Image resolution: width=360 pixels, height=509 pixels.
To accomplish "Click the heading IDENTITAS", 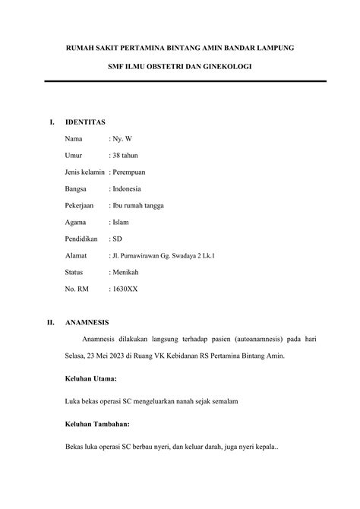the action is tap(85, 122).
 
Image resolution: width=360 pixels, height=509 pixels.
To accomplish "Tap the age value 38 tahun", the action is tap(127, 155).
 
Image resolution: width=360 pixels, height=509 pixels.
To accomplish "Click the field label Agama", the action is tap(77, 222).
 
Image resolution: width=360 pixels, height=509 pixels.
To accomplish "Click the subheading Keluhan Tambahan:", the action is tap(98, 423).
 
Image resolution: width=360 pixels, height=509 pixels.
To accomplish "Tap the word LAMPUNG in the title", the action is tap(270, 47).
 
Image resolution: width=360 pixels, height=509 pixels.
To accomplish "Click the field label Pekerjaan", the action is tap(81, 205).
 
